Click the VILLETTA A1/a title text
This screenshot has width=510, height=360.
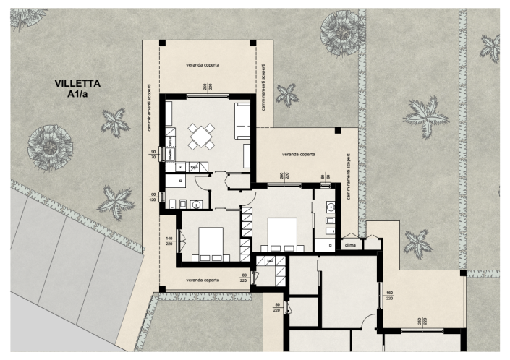[78, 88]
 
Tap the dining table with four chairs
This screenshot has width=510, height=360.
[202, 135]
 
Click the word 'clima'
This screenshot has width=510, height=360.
[352, 244]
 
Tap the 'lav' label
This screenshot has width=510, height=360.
[270, 261]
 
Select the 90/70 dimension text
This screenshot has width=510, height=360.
[153, 154]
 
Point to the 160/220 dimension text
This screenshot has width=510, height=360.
[391, 294]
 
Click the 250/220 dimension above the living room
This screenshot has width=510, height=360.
[207, 88]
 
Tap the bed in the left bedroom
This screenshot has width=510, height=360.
[210, 242]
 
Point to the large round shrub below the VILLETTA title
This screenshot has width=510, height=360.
[49, 148]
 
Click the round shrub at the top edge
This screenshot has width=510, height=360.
[341, 27]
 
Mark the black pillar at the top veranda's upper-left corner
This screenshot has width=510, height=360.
[162, 43]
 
